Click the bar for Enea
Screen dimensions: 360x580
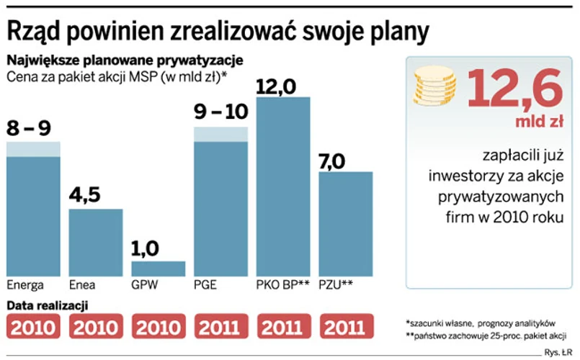tap(96, 242)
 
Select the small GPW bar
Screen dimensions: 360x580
tap(159, 268)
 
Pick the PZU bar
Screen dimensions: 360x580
tap(346, 223)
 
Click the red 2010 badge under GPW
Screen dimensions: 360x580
tap(159, 328)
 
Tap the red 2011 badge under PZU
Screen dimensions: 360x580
tap(346, 328)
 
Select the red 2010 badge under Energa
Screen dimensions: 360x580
tap(33, 328)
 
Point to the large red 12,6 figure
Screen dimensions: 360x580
tap(514, 88)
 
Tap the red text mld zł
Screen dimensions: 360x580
tap(538, 122)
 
